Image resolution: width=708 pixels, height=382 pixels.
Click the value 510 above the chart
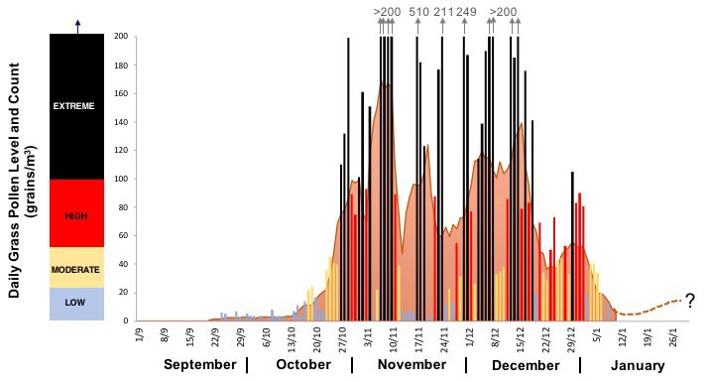pyautogui.click(x=418, y=12)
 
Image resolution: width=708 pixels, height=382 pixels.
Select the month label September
pyautogui.click(x=200, y=364)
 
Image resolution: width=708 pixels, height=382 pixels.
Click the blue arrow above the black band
pyautogui.click(x=77, y=25)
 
